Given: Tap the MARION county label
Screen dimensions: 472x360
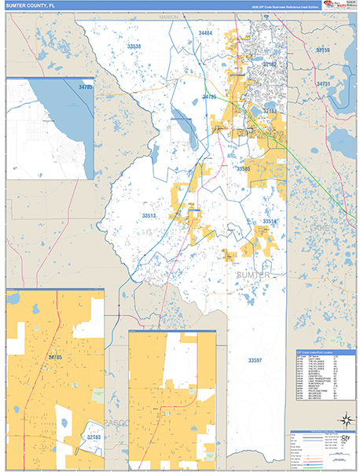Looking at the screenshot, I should (169, 16).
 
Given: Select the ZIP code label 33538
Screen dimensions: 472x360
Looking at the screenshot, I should (134, 47).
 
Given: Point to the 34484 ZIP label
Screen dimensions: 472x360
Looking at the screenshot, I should (206, 34).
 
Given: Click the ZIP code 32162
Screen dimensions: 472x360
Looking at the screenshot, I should (270, 65).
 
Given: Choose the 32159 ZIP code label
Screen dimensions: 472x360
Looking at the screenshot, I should (323, 50).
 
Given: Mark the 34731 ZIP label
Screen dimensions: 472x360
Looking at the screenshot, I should (323, 83).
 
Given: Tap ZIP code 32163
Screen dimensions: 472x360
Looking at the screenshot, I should (270, 112).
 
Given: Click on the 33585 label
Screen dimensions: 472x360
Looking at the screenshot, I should (244, 168).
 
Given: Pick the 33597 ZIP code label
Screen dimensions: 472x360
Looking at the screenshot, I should (254, 360).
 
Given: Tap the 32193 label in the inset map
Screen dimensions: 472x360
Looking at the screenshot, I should (94, 435).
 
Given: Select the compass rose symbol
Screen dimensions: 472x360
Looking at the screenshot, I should (343, 420).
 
